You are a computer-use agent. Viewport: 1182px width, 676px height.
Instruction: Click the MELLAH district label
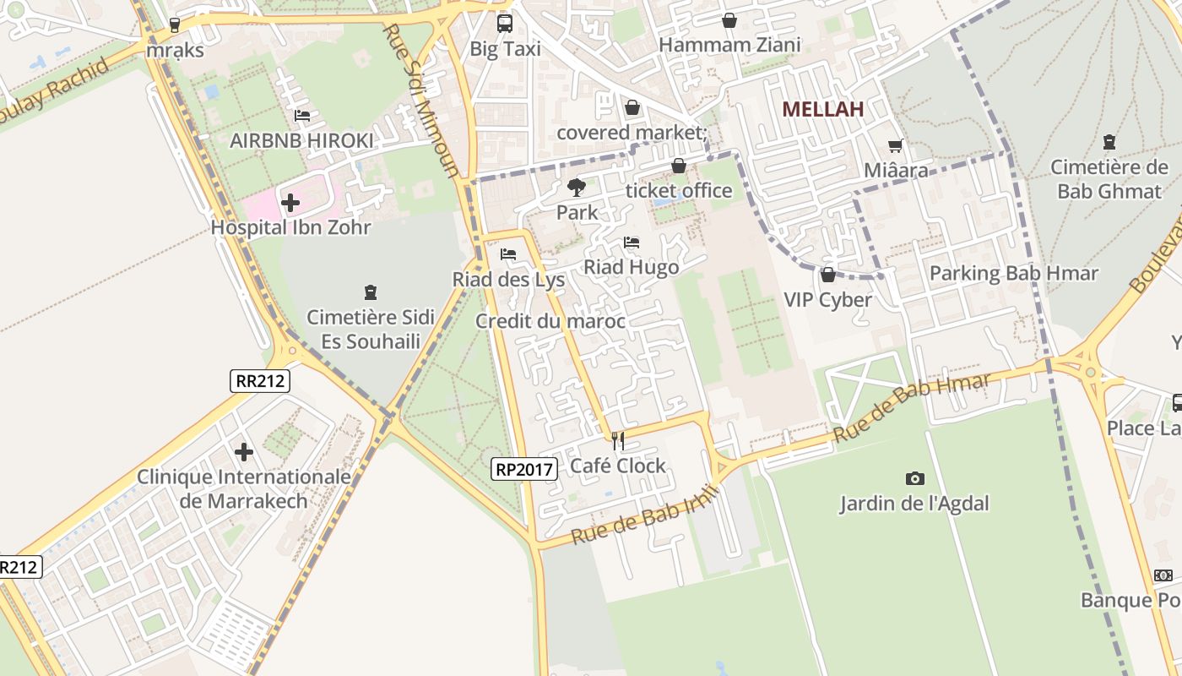822,109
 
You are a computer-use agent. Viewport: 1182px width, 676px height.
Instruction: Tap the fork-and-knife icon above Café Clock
618,440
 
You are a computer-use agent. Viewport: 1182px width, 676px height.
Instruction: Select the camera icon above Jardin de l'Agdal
914,479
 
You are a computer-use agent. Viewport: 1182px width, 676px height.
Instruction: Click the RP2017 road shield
524,468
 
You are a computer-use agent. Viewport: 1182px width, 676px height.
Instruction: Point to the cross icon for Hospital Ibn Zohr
290,203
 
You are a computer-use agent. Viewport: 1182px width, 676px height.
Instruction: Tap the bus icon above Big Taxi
504,24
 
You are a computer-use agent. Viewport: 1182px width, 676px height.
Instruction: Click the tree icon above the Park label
577,187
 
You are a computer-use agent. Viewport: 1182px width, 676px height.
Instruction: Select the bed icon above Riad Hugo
632,243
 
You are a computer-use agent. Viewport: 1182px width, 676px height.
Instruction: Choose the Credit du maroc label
550,321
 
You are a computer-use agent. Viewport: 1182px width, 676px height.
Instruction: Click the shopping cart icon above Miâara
895,146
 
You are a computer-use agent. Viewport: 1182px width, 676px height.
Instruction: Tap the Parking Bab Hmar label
1013,273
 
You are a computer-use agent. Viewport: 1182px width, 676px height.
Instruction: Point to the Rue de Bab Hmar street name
911,408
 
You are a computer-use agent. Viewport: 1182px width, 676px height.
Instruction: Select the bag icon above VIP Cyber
827,275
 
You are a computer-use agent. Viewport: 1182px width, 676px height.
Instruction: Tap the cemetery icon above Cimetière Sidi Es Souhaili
369,292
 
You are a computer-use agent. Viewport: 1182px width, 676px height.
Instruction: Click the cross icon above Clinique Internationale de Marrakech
244,452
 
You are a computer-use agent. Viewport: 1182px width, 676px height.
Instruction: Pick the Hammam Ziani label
729,44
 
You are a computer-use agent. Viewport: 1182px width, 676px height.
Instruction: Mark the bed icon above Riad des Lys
507,253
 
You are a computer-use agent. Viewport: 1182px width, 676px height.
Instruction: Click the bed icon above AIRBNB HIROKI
301,116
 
